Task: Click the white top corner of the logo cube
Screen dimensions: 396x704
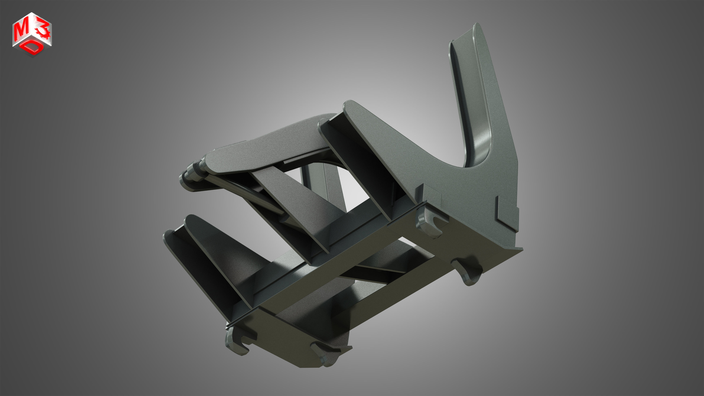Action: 32,14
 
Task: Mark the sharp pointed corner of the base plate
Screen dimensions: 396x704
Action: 521,249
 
